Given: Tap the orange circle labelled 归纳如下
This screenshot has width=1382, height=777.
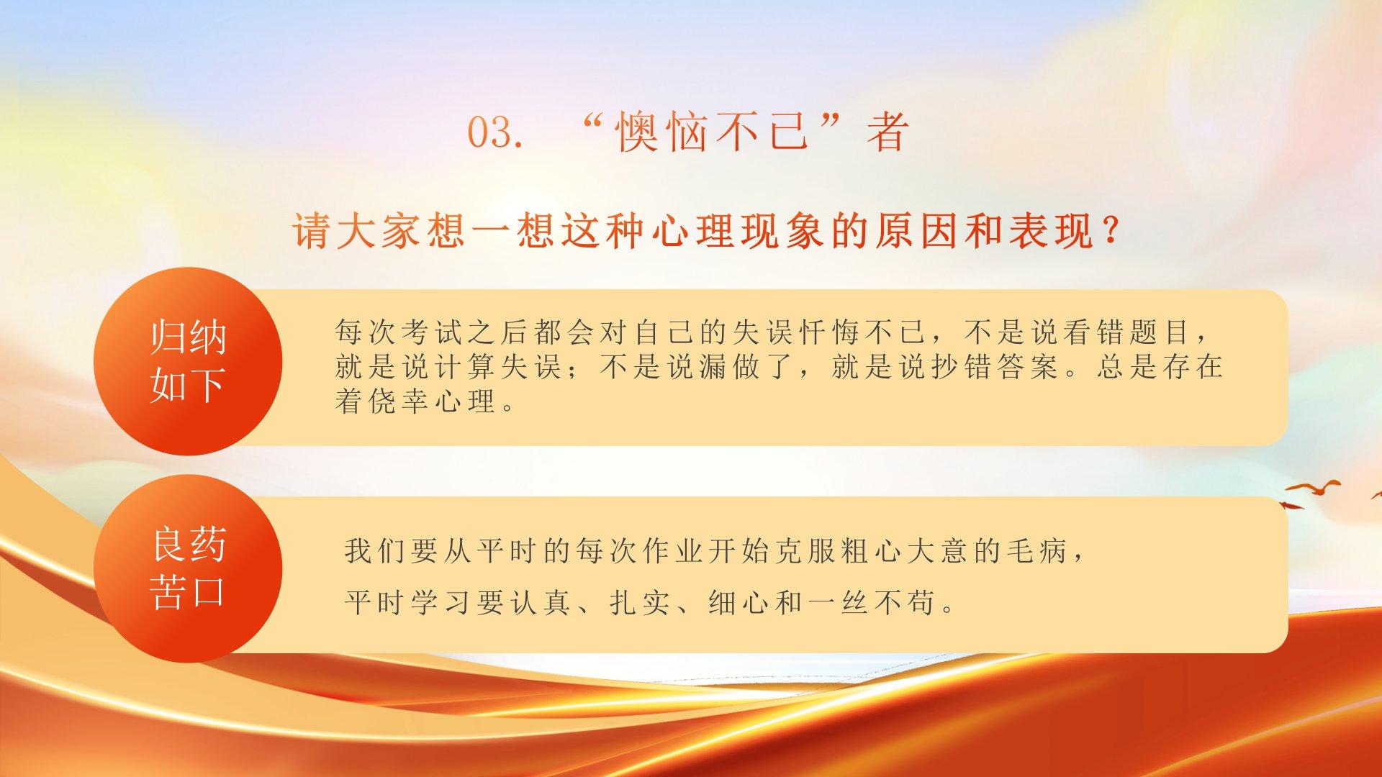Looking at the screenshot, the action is [188, 361].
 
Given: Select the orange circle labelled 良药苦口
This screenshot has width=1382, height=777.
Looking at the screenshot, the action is [188, 568].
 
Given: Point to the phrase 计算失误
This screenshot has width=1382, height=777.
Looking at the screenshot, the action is [499, 367].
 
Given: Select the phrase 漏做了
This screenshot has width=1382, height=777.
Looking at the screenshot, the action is [747, 367].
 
